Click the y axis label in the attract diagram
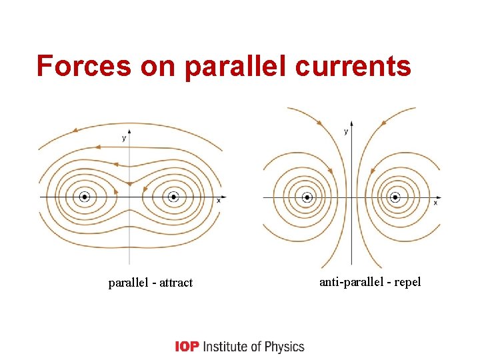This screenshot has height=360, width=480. pos(123,138)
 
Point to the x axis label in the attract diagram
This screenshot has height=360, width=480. pos(219,201)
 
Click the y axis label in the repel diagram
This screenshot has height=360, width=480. pos(346,132)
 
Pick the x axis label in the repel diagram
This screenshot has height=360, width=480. pos(436,202)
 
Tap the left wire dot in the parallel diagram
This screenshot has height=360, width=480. pos(85,197)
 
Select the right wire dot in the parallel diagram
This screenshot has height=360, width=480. pos(173,197)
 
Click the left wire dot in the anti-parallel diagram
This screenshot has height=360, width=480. pos(307,197)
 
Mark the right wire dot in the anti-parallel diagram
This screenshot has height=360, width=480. pos(395,197)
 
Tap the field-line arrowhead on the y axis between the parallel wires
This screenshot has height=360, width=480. pos(129,183)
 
